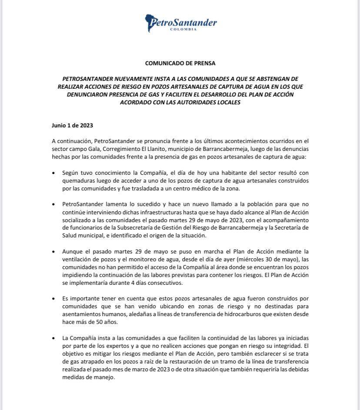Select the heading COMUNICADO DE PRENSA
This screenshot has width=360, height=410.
point(180,63)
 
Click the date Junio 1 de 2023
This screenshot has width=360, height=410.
point(72,125)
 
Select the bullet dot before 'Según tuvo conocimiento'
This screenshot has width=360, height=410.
point(53,173)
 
